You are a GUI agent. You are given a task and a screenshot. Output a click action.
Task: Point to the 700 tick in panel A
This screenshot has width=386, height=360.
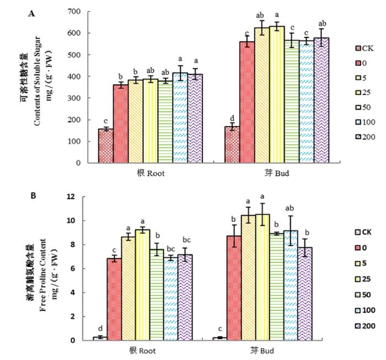(73, 12)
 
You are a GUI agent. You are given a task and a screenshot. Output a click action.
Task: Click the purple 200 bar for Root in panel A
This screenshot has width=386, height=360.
(194, 119)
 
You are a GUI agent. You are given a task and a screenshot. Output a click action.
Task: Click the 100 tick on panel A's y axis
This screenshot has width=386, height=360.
(73, 141)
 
